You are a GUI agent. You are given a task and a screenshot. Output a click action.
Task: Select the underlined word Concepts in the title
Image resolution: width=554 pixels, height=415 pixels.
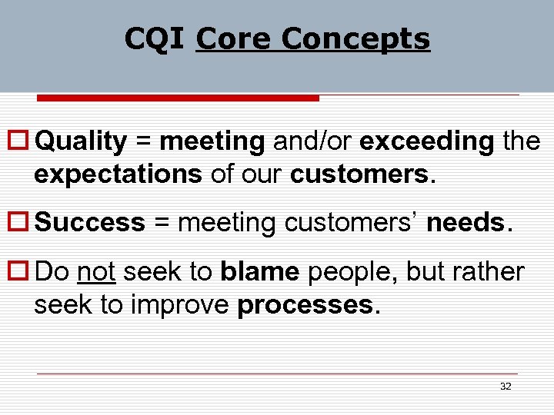pyautogui.click(x=355, y=38)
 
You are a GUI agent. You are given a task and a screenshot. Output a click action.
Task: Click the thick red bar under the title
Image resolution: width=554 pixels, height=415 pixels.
pyautogui.click(x=178, y=98)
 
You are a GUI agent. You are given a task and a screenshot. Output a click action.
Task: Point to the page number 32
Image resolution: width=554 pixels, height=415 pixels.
pyautogui.click(x=506, y=387)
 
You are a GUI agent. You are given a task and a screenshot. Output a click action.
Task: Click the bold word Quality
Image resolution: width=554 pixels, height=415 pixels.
pyautogui.click(x=81, y=142)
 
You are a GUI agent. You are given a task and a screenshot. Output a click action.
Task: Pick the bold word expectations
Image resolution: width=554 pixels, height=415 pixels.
pyautogui.click(x=118, y=174)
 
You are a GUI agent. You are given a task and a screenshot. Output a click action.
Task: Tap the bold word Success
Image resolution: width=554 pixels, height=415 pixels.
pyautogui.click(x=90, y=223)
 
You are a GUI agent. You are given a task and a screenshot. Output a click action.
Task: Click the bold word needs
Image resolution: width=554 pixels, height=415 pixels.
pyautogui.click(x=465, y=223)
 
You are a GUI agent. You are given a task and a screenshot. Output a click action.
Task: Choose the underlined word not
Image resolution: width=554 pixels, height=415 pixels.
pyautogui.click(x=96, y=272)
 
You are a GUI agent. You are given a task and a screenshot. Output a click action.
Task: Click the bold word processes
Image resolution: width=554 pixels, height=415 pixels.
pyautogui.click(x=305, y=305)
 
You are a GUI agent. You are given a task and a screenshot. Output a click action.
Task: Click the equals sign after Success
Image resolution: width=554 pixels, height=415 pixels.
pyautogui.click(x=161, y=224)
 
